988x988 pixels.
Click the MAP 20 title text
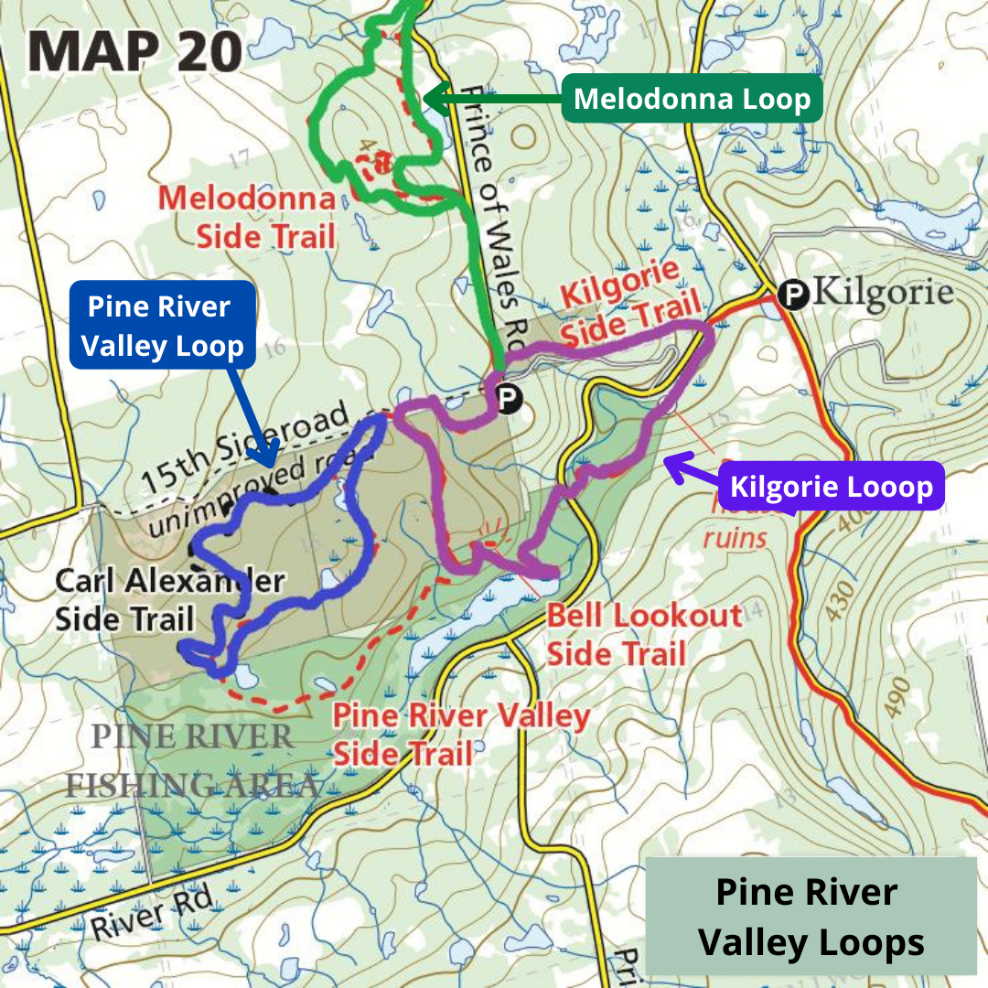pos(134,52)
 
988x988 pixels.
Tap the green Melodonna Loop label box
pos(692,98)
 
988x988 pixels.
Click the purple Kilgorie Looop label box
pos(831,485)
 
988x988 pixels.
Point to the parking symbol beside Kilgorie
pos(793,294)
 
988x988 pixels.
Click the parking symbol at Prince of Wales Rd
pos(506,398)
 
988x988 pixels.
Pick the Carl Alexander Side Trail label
pos(169,599)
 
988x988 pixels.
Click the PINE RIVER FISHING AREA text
pos(193,760)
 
